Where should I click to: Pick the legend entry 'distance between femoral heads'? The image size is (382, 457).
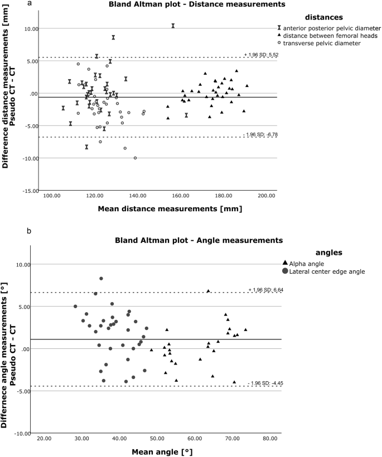[x=329, y=35]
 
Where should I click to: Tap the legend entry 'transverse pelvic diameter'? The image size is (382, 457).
[x=321, y=43]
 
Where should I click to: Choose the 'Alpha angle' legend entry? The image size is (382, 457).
[x=311, y=263]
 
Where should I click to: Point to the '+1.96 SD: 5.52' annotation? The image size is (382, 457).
[x=260, y=54]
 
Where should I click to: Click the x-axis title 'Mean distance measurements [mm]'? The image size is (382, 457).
[x=160, y=208]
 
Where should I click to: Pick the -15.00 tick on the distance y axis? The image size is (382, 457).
[x=30, y=191]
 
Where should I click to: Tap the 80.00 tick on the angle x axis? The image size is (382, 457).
[x=269, y=439]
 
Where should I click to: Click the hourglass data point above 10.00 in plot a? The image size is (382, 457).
[x=173, y=26]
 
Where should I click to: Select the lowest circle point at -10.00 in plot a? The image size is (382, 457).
[x=135, y=158]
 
